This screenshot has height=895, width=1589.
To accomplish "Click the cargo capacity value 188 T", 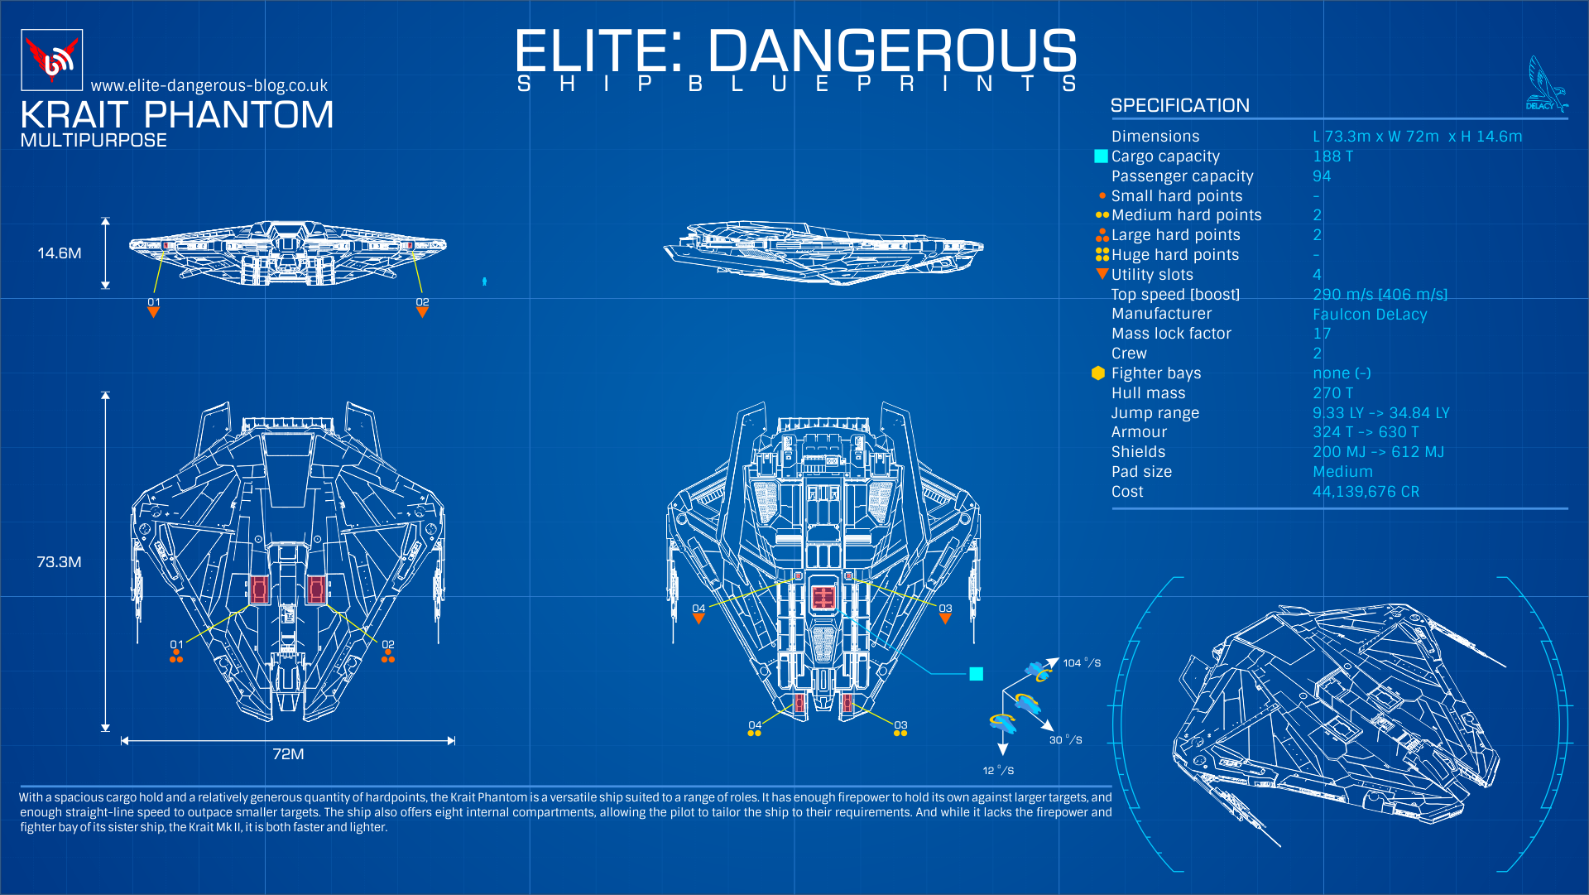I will [1332, 156].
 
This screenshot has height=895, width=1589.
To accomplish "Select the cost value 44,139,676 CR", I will [1366, 492].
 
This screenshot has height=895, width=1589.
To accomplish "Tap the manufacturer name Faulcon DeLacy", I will [1370, 315].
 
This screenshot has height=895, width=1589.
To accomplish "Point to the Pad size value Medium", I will [1342, 472].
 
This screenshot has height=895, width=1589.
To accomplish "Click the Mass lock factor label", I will [1171, 334].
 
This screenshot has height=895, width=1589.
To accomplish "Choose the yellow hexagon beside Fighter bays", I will [1098, 373].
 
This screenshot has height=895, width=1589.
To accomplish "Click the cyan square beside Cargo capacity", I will [1101, 156].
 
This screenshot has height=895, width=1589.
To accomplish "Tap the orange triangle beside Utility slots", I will [1102, 274].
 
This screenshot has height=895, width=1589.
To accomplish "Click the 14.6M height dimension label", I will [60, 253].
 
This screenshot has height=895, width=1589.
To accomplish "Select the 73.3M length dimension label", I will [59, 562].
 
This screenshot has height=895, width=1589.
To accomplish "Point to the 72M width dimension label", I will [288, 754].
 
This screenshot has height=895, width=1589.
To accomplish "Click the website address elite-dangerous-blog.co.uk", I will [209, 86].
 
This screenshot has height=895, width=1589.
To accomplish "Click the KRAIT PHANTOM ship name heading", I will [177, 115].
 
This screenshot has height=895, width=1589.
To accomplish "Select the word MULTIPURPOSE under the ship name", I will [94, 141].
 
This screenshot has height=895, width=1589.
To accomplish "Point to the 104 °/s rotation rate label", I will [1082, 663].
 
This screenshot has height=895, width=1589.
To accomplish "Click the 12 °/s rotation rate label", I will [998, 771].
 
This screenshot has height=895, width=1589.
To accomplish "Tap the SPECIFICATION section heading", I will [1179, 106].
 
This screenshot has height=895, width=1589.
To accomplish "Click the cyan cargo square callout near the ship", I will [977, 674].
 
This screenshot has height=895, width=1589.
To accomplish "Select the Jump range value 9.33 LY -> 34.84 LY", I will [1380, 413].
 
